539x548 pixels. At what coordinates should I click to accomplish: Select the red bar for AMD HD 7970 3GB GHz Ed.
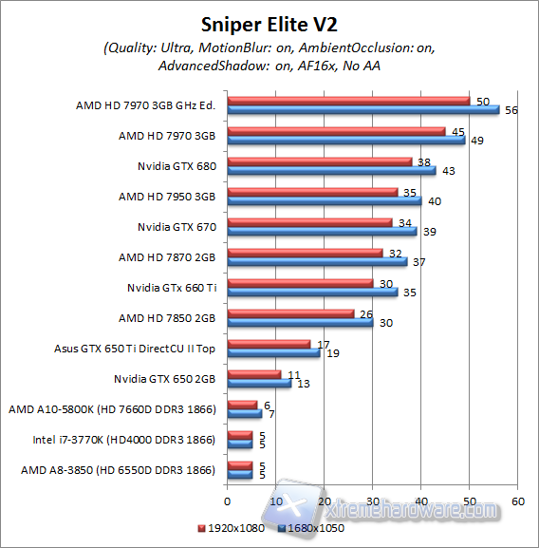(348, 100)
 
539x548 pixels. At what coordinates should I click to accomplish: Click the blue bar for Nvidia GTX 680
(331, 171)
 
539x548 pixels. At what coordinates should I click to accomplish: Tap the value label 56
(510, 110)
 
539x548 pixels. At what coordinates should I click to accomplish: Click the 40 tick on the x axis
(420, 501)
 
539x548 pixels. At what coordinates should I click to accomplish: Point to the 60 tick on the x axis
(517, 501)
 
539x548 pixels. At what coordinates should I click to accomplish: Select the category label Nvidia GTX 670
(177, 227)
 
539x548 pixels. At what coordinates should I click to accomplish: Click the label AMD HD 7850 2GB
(167, 317)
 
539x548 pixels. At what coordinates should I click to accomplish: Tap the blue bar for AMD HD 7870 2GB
(317, 262)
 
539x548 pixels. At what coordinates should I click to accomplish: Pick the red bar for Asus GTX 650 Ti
(269, 343)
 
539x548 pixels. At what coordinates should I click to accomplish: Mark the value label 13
(301, 384)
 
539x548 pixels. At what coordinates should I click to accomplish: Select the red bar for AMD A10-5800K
(242, 404)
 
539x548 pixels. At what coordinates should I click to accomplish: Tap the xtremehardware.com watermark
(389, 510)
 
